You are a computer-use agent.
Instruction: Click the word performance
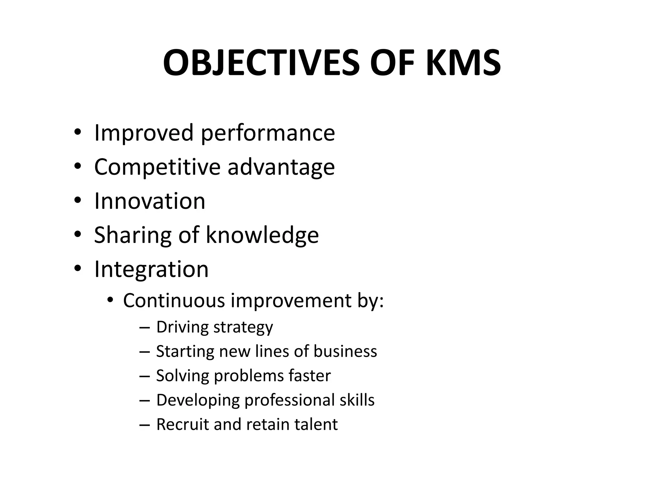pyautogui.click(x=268, y=133)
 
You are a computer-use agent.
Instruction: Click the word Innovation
pyautogui.click(x=149, y=201)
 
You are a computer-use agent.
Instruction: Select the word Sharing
pyautogui.click(x=133, y=235)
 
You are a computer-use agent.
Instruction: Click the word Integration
pyautogui.click(x=151, y=269)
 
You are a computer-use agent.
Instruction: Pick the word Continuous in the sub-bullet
pyautogui.click(x=174, y=300)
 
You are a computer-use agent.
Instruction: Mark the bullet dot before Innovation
pyautogui.click(x=77, y=201)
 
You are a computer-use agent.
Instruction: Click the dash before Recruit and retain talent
pyautogui.click(x=144, y=425)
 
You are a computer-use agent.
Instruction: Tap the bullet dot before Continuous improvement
pyautogui.click(x=110, y=301)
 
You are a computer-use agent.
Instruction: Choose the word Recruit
pyautogui.click(x=183, y=424)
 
